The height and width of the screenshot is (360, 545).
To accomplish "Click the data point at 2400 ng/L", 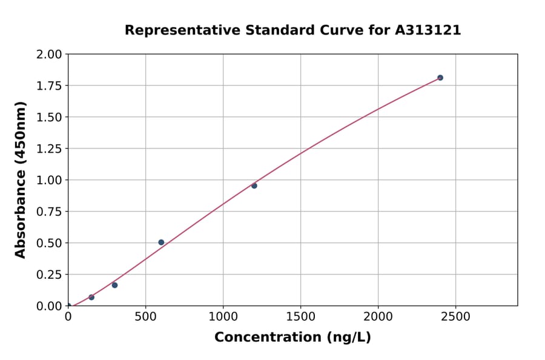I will coord(440,78).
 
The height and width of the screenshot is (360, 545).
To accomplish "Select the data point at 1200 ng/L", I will coord(254,185).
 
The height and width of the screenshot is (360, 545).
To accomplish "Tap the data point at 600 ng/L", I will coord(161,242).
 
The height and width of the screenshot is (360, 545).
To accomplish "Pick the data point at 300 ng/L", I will coord(114,285).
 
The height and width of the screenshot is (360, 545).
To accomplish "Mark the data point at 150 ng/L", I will coord(91,297).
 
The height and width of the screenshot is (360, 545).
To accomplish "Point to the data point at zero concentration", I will coord(68,306).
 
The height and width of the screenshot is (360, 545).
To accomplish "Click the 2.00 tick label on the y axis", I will coord(50,55).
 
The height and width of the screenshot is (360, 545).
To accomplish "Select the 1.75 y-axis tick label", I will coord(50,86).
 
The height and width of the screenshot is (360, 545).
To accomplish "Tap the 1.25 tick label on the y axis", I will coord(50,149).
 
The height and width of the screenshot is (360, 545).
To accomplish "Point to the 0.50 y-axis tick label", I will coord(50,243).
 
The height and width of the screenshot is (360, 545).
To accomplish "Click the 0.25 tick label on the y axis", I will coord(50,275).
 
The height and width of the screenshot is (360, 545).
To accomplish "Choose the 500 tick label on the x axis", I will coord(145,316).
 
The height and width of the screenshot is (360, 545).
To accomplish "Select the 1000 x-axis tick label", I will coord(223,316).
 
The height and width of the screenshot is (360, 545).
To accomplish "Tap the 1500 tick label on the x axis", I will coord(301,316).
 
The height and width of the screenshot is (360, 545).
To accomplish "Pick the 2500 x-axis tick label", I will coord(456,316).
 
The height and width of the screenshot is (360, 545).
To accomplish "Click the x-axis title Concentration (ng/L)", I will coord(292,337).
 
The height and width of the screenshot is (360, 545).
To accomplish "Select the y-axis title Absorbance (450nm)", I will coord(21,180).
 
